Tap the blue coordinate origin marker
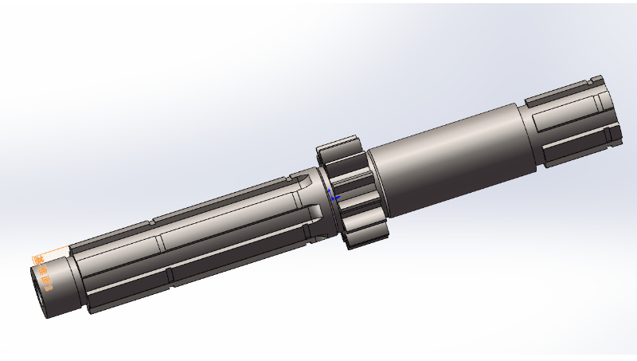point(334,195)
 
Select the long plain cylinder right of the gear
point(446,159)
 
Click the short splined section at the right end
point(569,124)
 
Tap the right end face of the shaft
point(609,112)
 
